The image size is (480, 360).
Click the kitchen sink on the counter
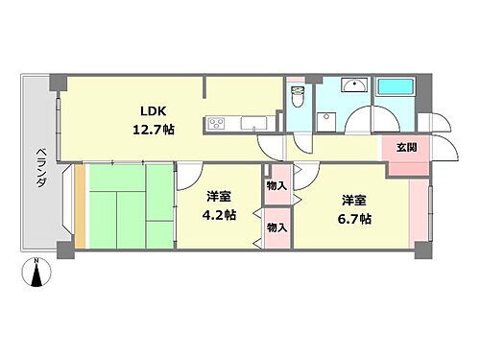point(254,122)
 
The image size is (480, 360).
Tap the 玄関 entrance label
point(404,147)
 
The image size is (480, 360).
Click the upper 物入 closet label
point(276,184)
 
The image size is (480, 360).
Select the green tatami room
point(127,204)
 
